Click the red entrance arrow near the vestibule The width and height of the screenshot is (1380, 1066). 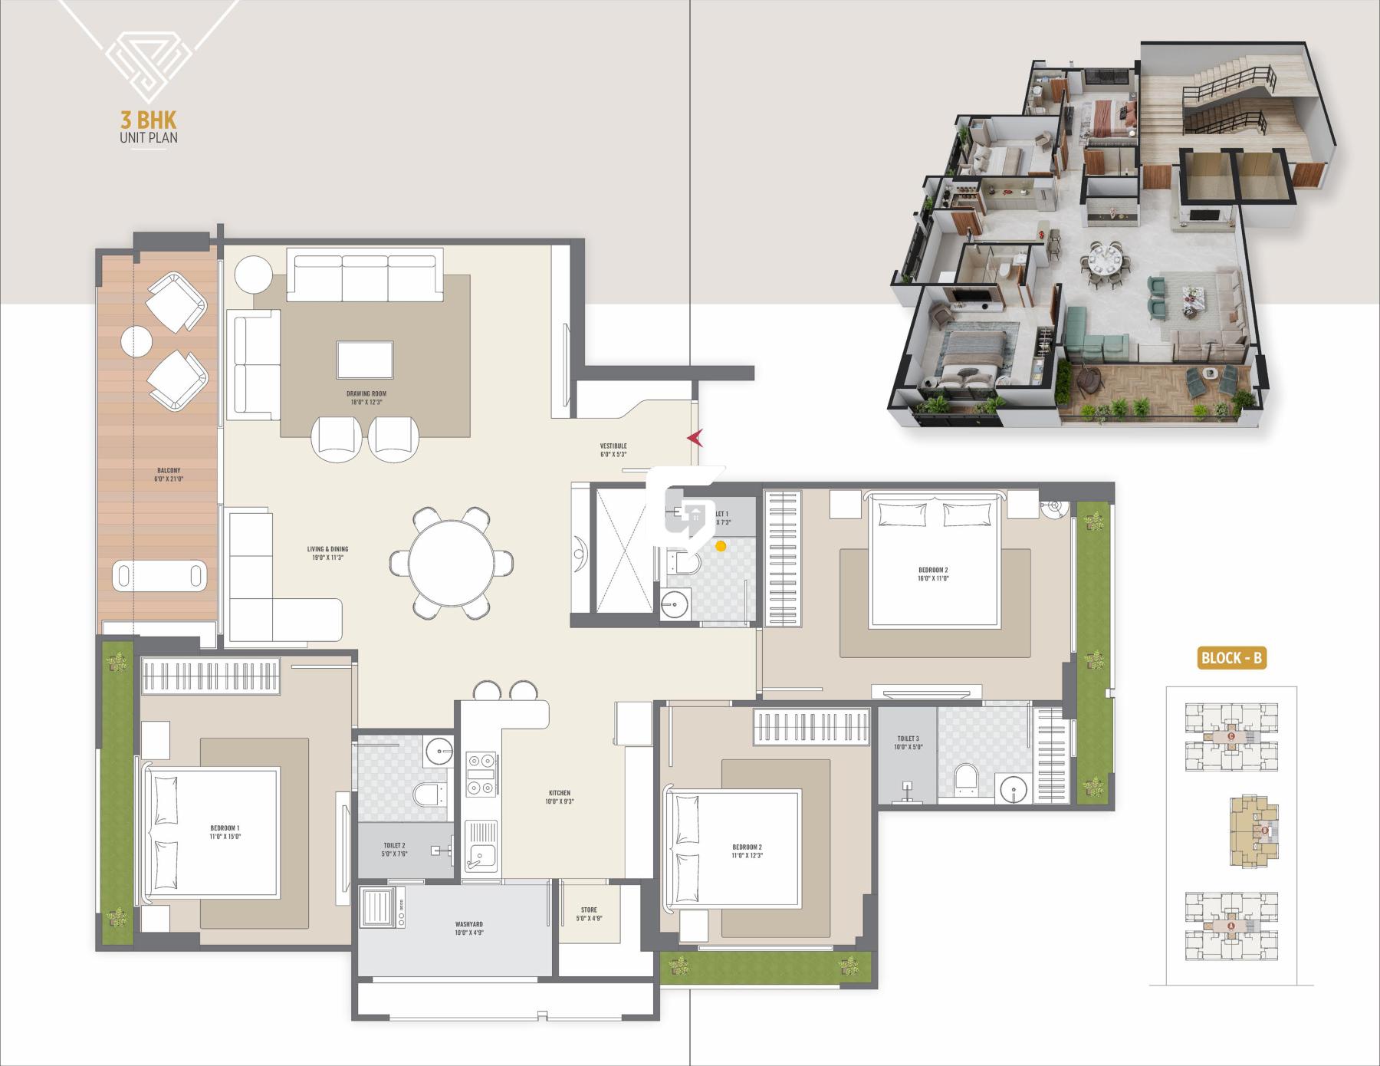pyautogui.click(x=695, y=438)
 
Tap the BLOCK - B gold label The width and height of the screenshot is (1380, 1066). pyautogui.click(x=1231, y=657)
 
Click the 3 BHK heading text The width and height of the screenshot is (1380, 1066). pyautogui.click(x=149, y=120)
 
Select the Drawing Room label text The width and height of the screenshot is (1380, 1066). pyautogui.click(x=366, y=397)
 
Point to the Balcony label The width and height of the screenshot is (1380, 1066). pyautogui.click(x=169, y=475)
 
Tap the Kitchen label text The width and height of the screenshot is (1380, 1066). pyautogui.click(x=559, y=797)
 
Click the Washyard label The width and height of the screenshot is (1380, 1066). pyautogui.click(x=468, y=928)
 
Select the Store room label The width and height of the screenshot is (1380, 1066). pyautogui.click(x=589, y=913)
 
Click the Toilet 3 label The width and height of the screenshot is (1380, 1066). pyautogui.click(x=907, y=742)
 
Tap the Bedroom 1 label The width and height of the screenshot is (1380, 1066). pyautogui.click(x=225, y=832)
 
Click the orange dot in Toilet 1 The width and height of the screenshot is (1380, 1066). pyautogui.click(x=721, y=546)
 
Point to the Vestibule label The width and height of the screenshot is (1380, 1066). pyautogui.click(x=613, y=449)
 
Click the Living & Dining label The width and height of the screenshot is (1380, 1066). pyautogui.click(x=327, y=553)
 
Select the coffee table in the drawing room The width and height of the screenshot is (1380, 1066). pyautogui.click(x=365, y=360)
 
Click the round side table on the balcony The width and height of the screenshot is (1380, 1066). pyautogui.click(x=136, y=340)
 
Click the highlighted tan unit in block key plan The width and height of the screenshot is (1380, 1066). pyautogui.click(x=1254, y=831)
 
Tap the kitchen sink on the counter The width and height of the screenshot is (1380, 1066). pyautogui.click(x=481, y=856)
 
